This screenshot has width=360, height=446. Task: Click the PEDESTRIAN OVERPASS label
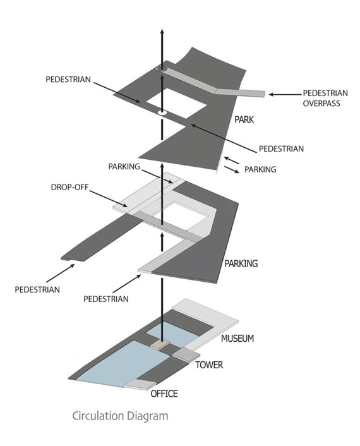tap(325, 98)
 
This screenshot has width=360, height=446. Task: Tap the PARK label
tap(244, 120)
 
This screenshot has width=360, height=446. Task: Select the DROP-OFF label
tap(69, 188)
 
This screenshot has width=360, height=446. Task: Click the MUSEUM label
tap(237, 339)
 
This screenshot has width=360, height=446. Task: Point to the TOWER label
tap(209, 365)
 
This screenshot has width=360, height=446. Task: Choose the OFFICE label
tap(164, 394)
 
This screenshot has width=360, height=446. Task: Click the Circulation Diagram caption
tap(120, 416)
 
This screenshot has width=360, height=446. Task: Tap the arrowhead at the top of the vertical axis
tap(162, 32)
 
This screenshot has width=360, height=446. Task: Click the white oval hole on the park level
tap(162, 112)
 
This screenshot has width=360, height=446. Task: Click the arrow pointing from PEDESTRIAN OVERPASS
tap(285, 94)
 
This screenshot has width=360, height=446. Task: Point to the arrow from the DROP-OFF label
tap(109, 199)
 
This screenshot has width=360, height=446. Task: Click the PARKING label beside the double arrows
tap(260, 169)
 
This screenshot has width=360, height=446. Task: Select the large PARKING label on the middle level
tap(241, 263)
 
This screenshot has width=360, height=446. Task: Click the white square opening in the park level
tap(176, 103)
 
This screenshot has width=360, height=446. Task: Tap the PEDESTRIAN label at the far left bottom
tap(37, 289)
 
